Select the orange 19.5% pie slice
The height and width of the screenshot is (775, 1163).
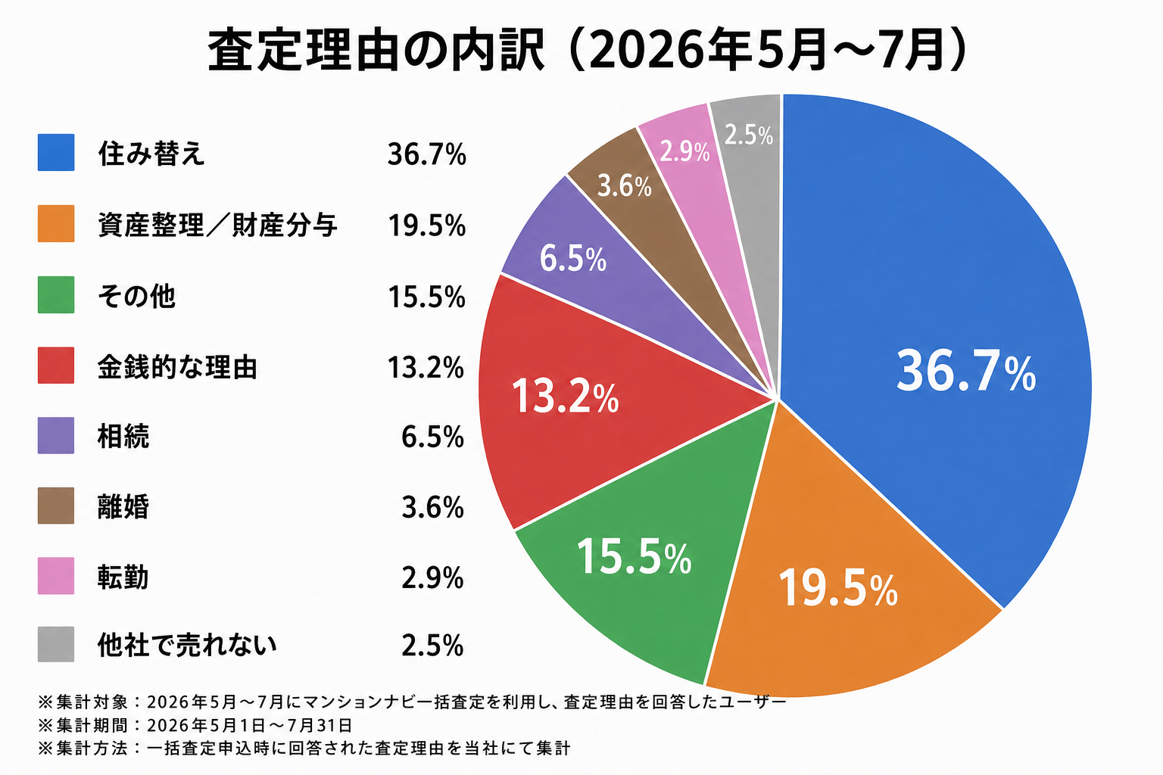841,587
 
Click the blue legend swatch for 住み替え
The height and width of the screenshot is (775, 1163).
56,153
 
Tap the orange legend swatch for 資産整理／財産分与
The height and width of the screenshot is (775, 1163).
56,224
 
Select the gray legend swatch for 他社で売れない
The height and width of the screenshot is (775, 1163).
56,644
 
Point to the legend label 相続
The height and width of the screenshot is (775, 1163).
123,436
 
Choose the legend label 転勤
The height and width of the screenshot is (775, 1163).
123,577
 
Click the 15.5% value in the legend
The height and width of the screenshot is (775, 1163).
427,297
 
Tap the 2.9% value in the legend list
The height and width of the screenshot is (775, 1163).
432,577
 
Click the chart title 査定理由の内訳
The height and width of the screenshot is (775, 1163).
376,51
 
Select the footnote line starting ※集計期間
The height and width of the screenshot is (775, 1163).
195,724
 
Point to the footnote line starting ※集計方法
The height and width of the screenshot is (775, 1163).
304,748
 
